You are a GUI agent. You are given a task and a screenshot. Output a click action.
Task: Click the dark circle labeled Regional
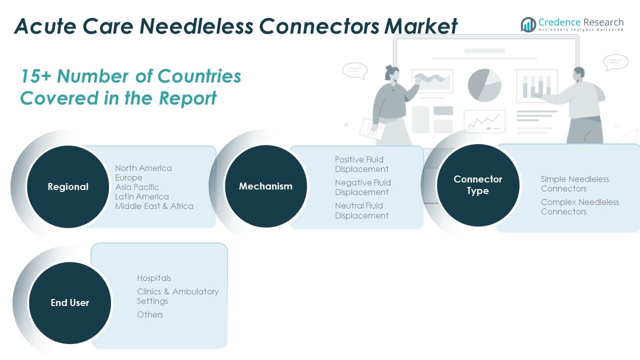point(68,186)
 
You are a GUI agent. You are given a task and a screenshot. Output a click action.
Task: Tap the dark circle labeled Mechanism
point(265,186)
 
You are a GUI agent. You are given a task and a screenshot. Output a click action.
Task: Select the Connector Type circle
point(478,185)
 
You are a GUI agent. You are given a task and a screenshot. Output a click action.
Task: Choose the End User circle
point(70,303)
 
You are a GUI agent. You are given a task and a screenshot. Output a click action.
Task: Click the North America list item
point(143,168)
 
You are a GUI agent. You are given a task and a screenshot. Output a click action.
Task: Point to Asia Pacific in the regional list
point(137,187)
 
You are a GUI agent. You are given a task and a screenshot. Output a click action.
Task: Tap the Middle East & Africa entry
point(154,206)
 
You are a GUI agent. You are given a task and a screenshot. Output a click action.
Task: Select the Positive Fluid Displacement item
point(361,164)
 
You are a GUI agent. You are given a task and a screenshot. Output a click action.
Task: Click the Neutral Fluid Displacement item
point(361,210)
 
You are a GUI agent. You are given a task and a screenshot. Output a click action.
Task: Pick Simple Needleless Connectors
point(574,183)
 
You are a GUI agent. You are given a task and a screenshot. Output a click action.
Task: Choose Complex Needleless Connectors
point(579,207)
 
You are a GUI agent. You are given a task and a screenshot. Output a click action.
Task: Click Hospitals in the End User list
point(154,278)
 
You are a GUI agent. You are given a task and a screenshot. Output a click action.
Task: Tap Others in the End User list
point(150,314)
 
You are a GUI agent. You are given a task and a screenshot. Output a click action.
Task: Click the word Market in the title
point(420,26)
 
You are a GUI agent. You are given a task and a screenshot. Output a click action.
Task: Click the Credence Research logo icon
point(528,24)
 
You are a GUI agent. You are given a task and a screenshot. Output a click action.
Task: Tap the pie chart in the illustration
point(484,85)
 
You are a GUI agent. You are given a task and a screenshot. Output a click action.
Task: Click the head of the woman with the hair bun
point(392,73)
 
